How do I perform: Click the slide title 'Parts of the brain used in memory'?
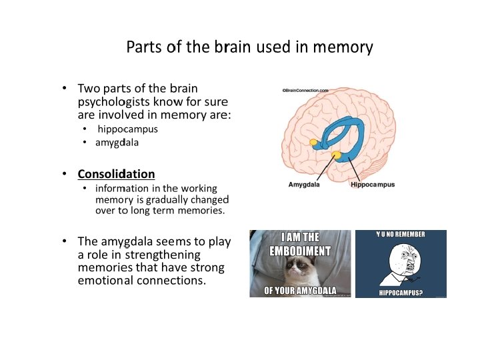[x=249, y=48]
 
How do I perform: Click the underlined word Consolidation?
[x=116, y=174]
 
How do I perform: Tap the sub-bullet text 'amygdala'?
[x=117, y=142]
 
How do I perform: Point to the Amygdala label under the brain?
[x=304, y=185]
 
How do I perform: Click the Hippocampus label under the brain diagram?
[x=372, y=185]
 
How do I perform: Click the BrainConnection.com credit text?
[x=305, y=89]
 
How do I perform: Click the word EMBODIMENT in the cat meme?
[x=300, y=251]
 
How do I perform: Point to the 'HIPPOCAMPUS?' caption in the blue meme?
[x=401, y=292]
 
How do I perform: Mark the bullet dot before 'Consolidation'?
[x=64, y=174]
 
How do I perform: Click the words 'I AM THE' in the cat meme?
[x=299, y=237]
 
